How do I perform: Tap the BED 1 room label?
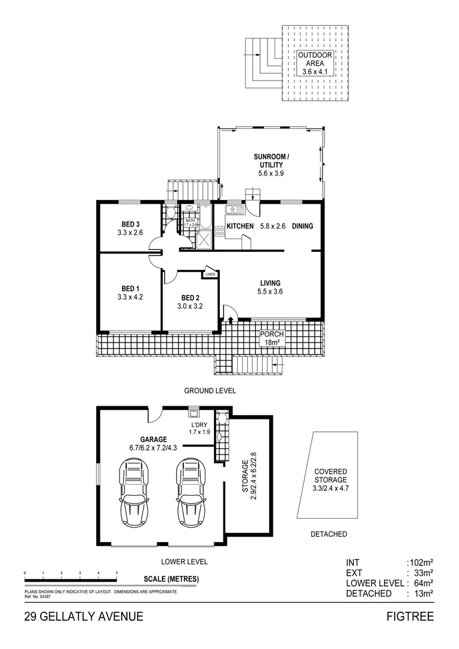click(130, 291)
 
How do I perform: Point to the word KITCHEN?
click(240, 227)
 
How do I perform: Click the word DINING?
click(303, 227)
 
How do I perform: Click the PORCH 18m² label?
click(271, 338)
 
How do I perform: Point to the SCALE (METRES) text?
click(171, 579)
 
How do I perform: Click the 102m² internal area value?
click(420, 563)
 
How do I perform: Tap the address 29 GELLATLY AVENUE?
click(84, 617)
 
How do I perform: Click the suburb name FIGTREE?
click(411, 617)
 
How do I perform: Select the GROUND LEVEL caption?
click(210, 391)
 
